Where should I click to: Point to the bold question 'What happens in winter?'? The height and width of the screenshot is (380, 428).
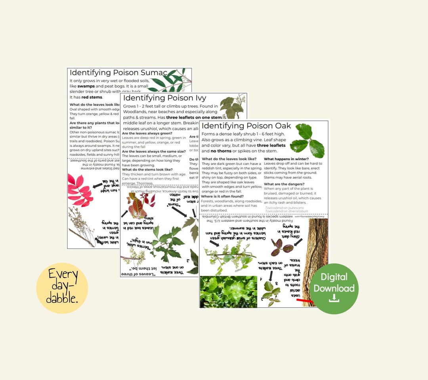286,159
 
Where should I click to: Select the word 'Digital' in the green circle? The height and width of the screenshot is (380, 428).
334,277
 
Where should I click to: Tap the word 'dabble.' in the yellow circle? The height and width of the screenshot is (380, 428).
62,299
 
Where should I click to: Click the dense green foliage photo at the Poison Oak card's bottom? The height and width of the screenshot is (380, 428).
228,292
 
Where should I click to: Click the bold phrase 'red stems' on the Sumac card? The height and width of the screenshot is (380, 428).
92,97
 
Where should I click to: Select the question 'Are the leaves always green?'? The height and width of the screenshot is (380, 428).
147,133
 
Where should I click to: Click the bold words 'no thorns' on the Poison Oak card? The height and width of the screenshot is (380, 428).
216,151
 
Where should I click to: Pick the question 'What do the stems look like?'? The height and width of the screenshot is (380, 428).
147,169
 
